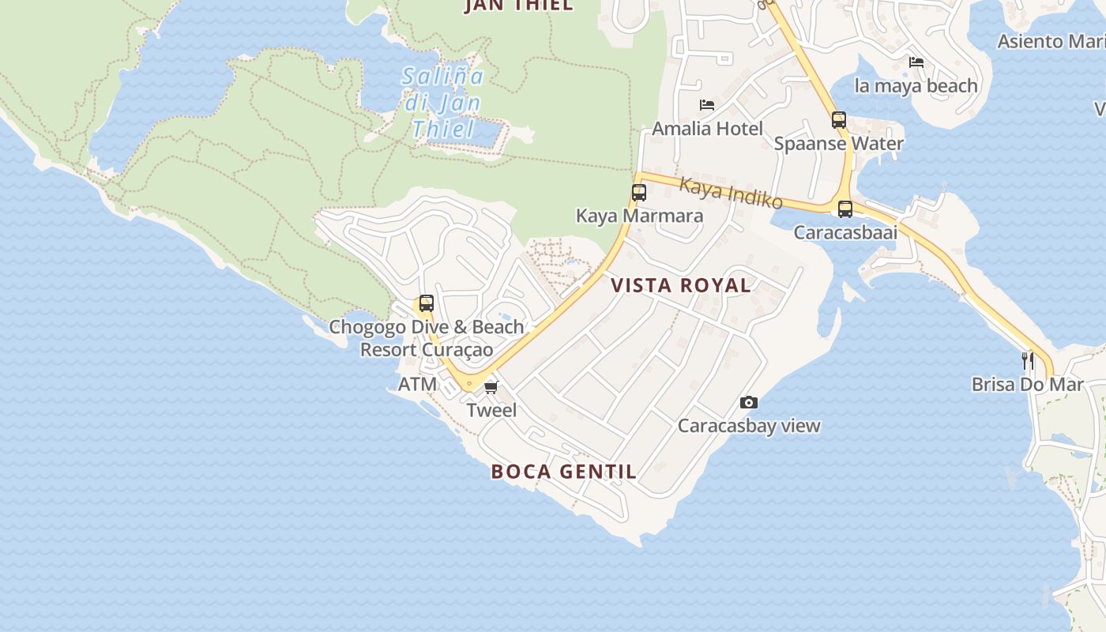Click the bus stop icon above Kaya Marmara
[x=639, y=192]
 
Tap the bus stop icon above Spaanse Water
[x=839, y=120]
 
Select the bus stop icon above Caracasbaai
[x=845, y=209]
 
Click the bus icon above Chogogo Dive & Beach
[x=427, y=303]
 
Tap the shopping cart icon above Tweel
[x=491, y=387]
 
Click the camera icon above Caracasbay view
[x=749, y=403]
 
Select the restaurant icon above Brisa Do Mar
[x=1028, y=361]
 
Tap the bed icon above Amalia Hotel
[x=707, y=105]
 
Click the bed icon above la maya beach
[x=916, y=62]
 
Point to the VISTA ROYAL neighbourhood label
[x=681, y=285]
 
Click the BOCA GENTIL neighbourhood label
[x=563, y=472]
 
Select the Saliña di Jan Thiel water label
[x=442, y=103]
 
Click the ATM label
[x=417, y=385]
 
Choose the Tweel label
[x=491, y=410]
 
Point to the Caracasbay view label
[x=749, y=426]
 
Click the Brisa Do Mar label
[x=1027, y=385]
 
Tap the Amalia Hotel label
[x=707, y=129]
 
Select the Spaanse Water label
[x=839, y=144]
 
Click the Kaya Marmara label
[x=639, y=216]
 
